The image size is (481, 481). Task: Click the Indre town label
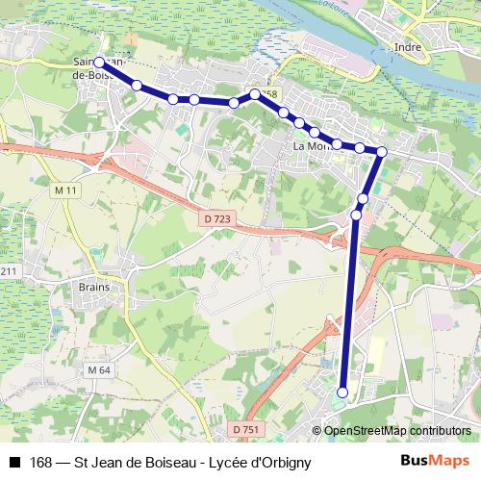(x=409, y=45)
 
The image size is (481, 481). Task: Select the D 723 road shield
(x=217, y=220)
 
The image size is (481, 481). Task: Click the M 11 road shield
(x=65, y=191)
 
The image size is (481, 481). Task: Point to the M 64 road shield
(x=98, y=370)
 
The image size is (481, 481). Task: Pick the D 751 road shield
(x=246, y=429)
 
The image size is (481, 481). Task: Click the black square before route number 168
(x=14, y=463)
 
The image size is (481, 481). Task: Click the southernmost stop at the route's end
(x=342, y=392)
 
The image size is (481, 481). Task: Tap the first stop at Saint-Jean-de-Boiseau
(x=100, y=63)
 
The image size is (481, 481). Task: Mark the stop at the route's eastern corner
(x=382, y=151)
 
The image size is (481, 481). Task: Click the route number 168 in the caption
(x=41, y=463)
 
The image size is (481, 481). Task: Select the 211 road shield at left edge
(x=9, y=272)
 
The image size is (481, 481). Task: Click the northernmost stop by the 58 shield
(x=255, y=94)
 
